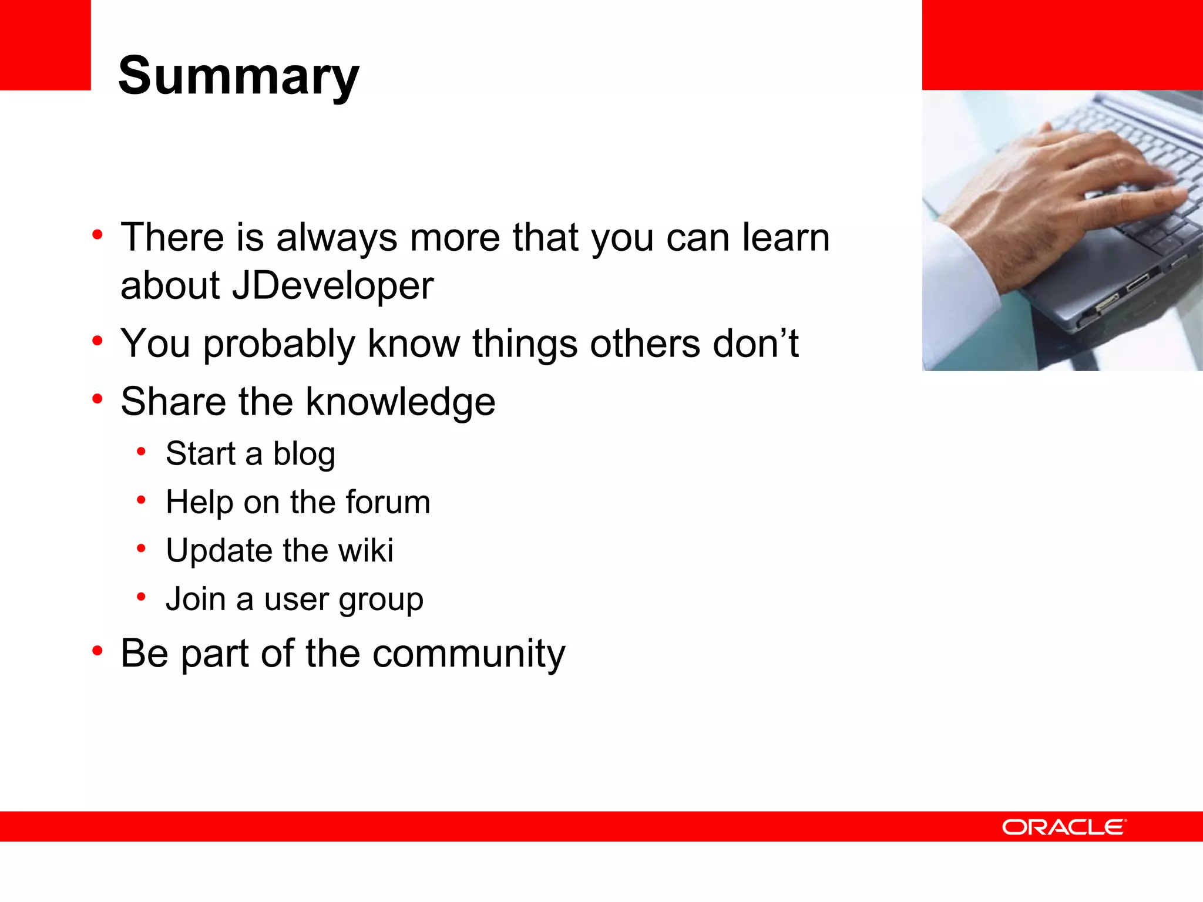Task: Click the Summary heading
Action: click(x=238, y=76)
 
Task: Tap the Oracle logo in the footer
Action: click(x=1064, y=827)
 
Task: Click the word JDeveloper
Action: click(x=332, y=287)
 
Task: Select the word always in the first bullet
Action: click(x=337, y=238)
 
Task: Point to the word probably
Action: click(x=279, y=345)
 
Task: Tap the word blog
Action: click(x=304, y=455)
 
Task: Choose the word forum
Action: click(x=388, y=503)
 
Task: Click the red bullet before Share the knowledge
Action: click(x=98, y=399)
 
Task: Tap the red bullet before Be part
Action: click(x=98, y=651)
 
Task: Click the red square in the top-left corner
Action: click(x=45, y=45)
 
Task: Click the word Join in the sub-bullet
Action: click(x=196, y=600)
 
